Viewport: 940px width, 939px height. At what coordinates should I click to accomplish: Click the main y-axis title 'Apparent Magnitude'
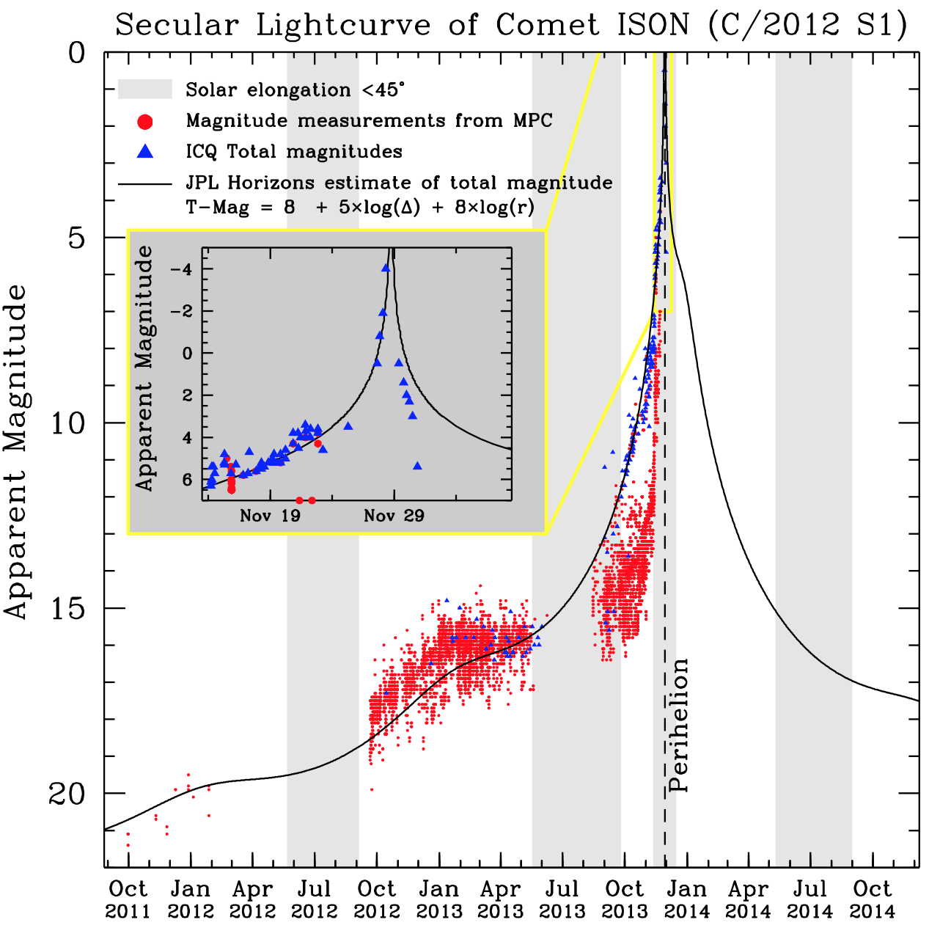[x=16, y=452]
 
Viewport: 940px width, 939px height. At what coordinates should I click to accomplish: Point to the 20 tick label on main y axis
[x=67, y=794]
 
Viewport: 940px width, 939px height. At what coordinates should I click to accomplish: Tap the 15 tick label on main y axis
[x=67, y=608]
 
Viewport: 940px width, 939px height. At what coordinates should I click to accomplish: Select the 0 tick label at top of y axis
[x=77, y=53]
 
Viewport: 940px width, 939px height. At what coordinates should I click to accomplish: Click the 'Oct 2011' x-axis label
[x=128, y=899]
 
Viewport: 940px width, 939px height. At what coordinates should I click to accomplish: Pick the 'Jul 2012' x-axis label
[x=315, y=899]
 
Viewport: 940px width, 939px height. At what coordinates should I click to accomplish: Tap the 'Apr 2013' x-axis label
[x=501, y=899]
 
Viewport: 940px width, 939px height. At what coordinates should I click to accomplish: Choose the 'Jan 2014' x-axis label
[x=687, y=899]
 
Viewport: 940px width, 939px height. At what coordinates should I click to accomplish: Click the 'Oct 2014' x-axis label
[x=873, y=899]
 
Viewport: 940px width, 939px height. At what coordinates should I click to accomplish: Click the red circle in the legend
[x=145, y=121]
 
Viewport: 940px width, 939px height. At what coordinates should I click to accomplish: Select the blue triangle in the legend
[x=145, y=152]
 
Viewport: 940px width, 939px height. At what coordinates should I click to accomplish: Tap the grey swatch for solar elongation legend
[x=145, y=89]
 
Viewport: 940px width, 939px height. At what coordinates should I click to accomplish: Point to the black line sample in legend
[x=145, y=183]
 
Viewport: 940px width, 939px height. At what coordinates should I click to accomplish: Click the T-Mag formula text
[x=360, y=208]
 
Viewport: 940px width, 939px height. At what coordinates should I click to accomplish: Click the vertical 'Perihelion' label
[x=679, y=725]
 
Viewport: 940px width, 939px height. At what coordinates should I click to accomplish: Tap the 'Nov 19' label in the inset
[x=270, y=516]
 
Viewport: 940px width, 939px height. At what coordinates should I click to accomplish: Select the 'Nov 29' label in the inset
[x=394, y=516]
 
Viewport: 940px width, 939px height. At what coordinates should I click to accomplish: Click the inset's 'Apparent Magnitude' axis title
[x=144, y=368]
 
